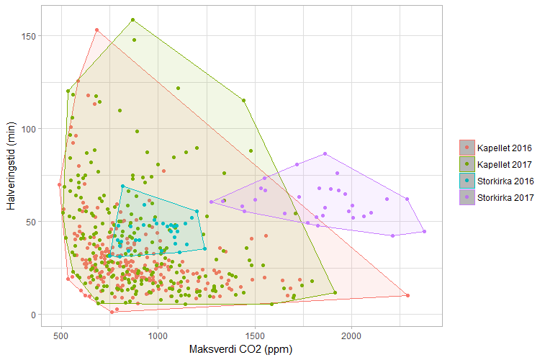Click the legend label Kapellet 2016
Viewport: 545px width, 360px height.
504,148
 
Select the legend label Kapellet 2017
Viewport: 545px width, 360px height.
504,165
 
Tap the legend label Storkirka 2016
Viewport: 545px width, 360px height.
505,181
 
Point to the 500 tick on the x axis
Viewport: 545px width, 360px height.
61,336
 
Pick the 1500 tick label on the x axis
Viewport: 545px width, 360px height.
255,336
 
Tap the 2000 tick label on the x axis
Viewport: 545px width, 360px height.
351,336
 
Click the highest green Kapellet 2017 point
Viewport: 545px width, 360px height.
133,20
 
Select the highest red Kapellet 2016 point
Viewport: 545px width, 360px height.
97,30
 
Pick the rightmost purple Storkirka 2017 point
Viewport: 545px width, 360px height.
424,231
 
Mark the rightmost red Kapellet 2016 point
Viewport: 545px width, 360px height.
407,295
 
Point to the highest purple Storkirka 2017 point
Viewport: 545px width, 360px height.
325,153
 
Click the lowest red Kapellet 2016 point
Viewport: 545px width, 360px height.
112,312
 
